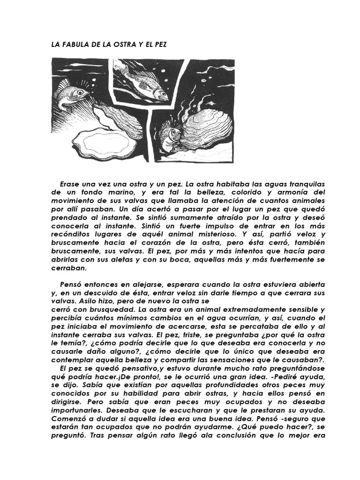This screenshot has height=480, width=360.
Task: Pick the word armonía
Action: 278,192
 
